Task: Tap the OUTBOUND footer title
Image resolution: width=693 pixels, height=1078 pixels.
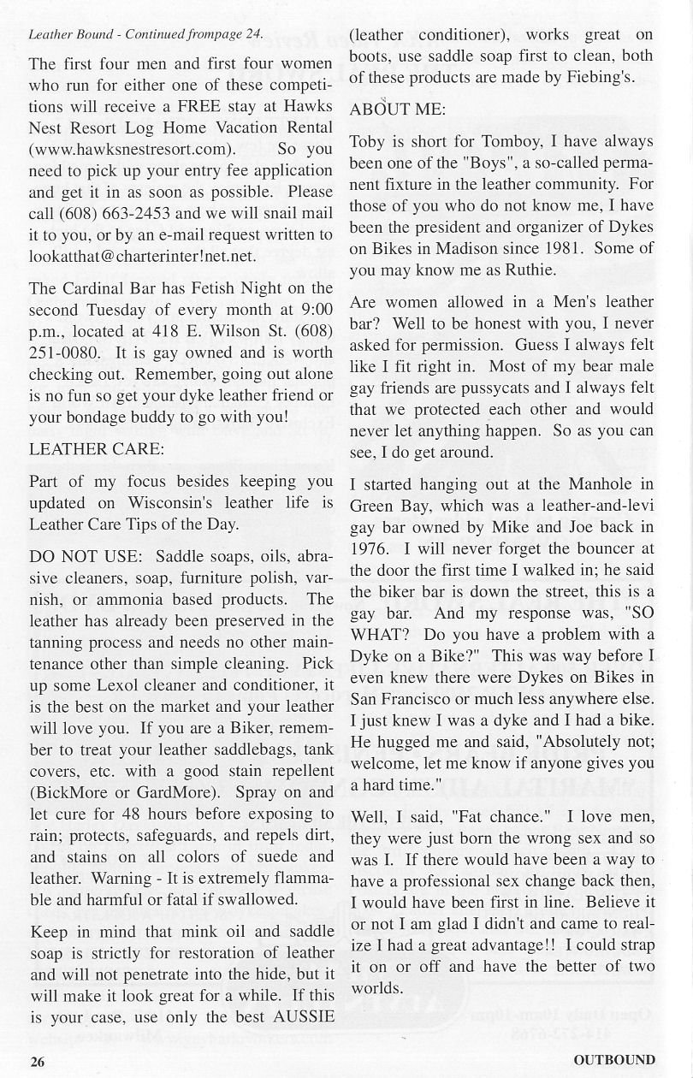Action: point(614,1060)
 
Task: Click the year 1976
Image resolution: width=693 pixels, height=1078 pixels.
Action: point(370,548)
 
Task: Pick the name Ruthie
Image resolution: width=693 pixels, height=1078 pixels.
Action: point(531,269)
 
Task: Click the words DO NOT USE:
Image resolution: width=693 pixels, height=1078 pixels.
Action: point(74,556)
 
